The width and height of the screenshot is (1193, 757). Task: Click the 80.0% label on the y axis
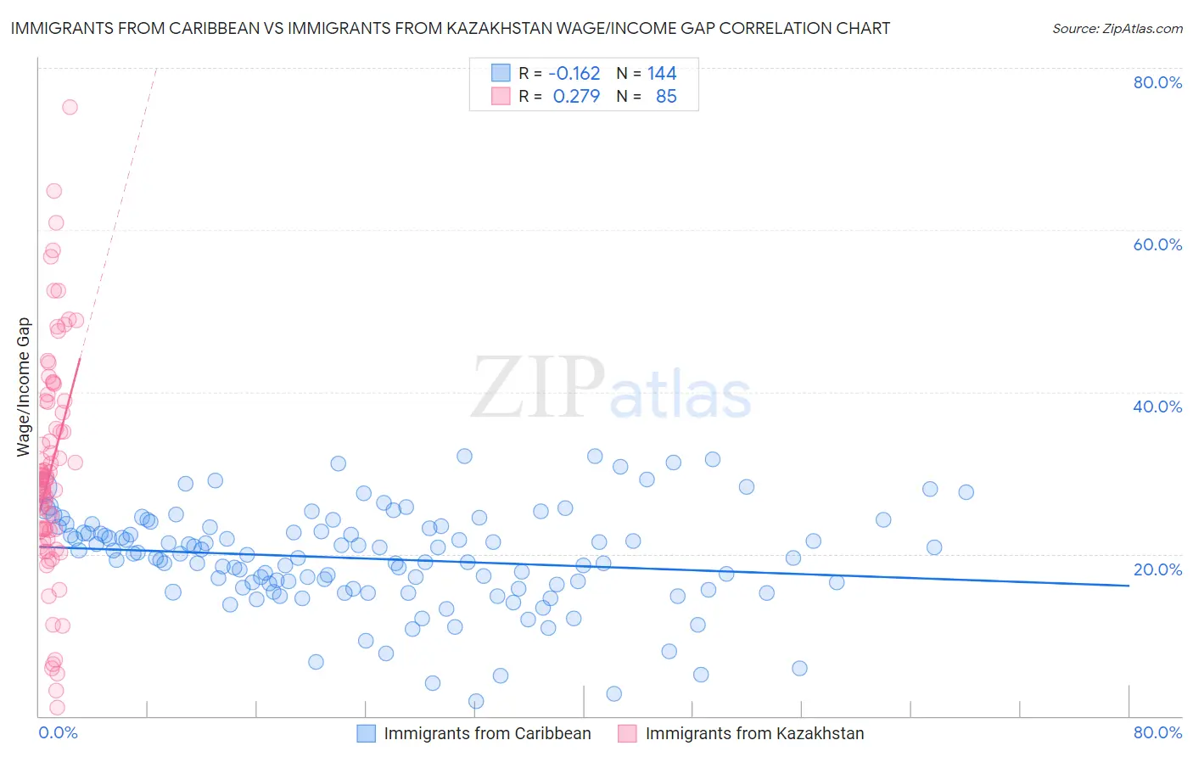1157,82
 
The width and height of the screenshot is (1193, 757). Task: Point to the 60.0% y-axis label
1157,244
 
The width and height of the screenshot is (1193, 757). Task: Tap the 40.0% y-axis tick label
1157,407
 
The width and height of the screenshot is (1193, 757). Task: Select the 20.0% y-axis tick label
1157,569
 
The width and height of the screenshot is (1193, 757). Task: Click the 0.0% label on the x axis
58,732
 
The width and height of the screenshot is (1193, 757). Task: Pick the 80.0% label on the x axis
1157,732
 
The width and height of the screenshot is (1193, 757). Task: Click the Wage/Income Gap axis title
24,387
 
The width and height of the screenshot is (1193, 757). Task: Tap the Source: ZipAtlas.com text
1117,29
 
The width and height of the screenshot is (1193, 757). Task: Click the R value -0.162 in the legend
574,74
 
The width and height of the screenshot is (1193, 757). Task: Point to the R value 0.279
576,97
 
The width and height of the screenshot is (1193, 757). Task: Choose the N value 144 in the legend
662,74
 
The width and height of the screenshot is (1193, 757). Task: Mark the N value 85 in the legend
666,97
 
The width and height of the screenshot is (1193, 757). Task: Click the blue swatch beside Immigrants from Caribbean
366,733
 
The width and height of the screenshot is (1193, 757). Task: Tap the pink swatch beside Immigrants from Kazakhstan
627,733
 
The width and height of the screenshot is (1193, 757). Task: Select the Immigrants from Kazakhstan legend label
754,733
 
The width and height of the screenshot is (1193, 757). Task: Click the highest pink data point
70,107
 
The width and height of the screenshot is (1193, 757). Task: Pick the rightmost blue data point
966,492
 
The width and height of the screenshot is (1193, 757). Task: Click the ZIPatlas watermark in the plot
611,389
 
